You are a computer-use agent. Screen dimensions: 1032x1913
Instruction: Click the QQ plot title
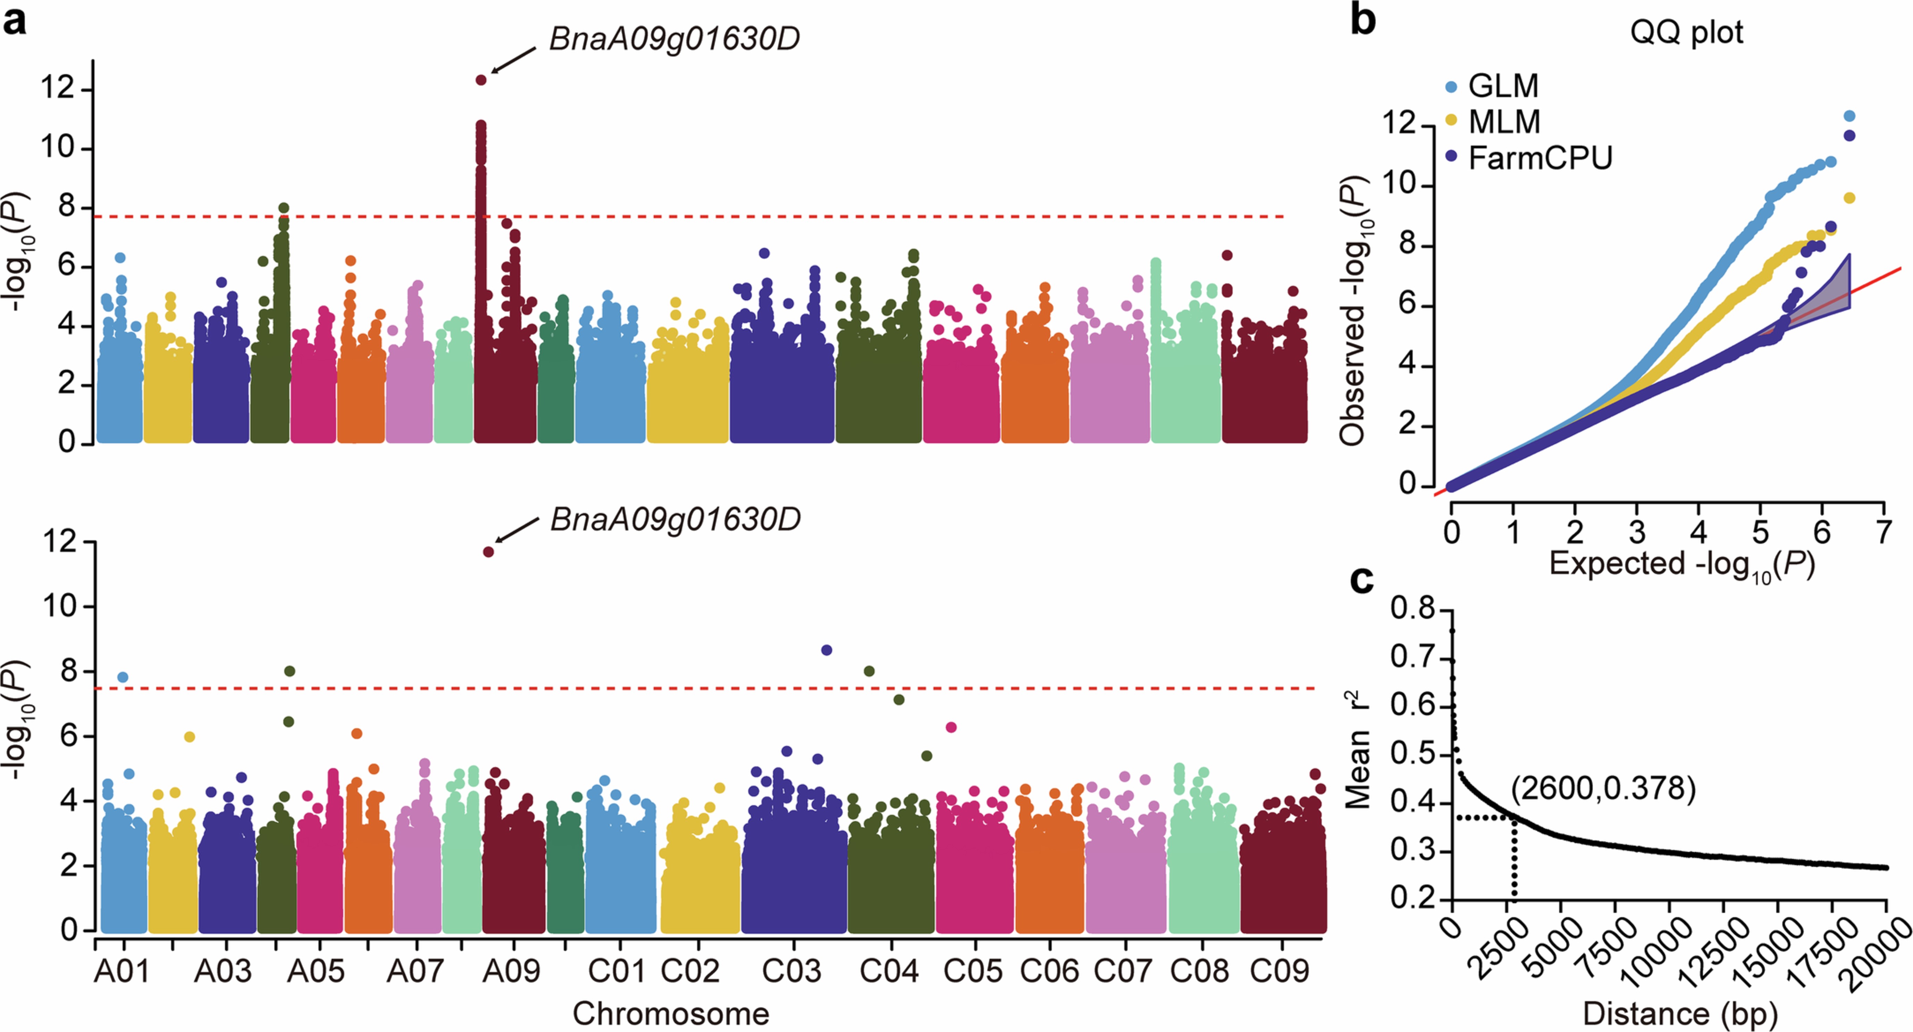pos(1686,33)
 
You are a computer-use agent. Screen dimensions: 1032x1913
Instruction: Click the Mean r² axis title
pos(1359,750)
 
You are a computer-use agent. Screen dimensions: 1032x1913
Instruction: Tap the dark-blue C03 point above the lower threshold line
pos(826,650)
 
